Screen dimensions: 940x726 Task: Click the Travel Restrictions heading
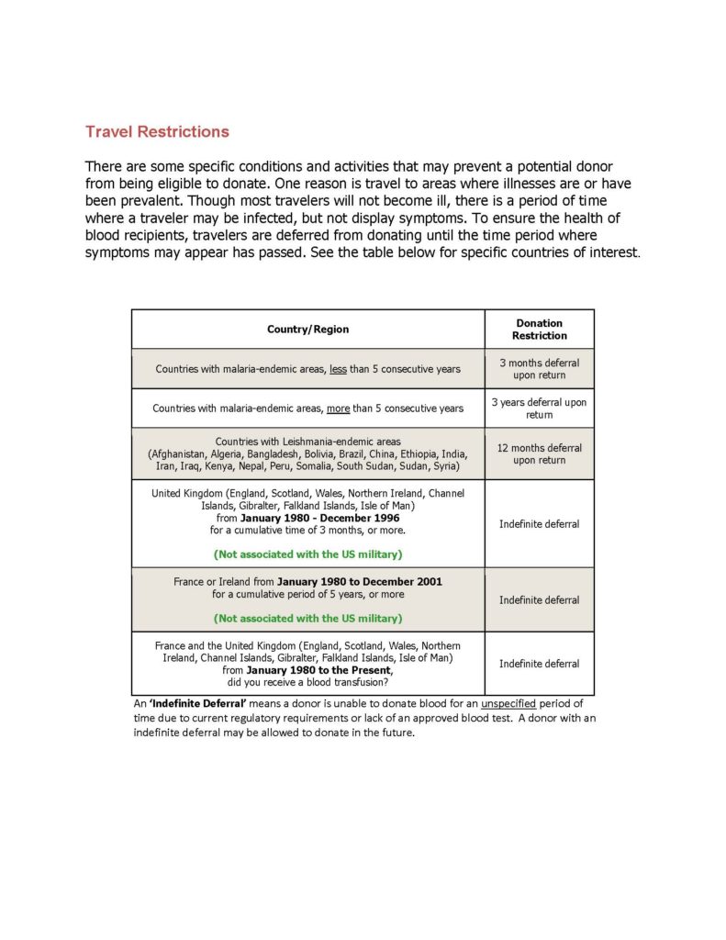tap(157, 131)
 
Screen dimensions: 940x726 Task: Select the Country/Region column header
tap(307, 330)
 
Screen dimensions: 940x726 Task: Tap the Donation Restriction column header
tap(539, 330)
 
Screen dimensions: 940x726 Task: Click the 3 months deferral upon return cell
tap(539, 369)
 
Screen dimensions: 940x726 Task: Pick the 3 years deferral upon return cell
tap(539, 408)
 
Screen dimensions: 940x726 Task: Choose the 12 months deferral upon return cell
tap(539, 453)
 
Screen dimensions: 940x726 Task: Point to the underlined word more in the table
tap(338, 408)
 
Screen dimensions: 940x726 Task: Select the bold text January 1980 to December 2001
tap(359, 582)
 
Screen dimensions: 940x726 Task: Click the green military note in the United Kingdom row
tap(307, 554)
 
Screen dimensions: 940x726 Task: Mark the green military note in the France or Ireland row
tap(307, 618)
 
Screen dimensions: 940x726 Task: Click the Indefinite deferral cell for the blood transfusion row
tap(539, 664)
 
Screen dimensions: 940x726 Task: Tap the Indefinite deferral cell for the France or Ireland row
tap(539, 600)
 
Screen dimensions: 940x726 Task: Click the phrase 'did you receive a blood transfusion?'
tap(307, 682)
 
